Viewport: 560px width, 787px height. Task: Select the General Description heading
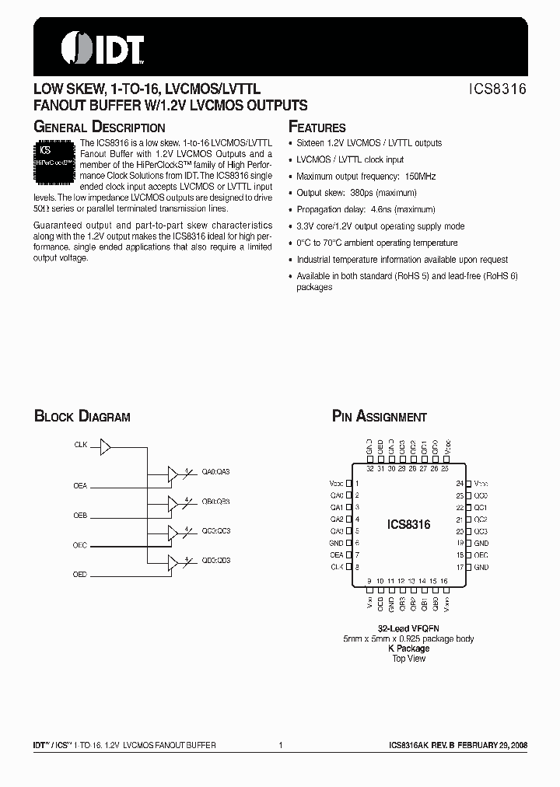100,127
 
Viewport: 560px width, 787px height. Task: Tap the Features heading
317,127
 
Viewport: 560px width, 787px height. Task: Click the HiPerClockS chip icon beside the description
56,161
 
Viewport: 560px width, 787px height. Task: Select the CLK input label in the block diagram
81,446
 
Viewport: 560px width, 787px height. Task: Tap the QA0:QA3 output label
216,471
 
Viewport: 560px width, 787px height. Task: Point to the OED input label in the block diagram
80,574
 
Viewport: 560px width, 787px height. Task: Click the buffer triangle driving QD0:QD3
173,560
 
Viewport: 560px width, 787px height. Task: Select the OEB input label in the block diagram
80,515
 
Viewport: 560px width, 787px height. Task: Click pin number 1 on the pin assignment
355,483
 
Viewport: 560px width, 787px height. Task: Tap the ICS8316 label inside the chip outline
408,525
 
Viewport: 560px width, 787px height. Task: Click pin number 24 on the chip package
460,483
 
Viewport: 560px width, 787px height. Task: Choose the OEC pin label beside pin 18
481,555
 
